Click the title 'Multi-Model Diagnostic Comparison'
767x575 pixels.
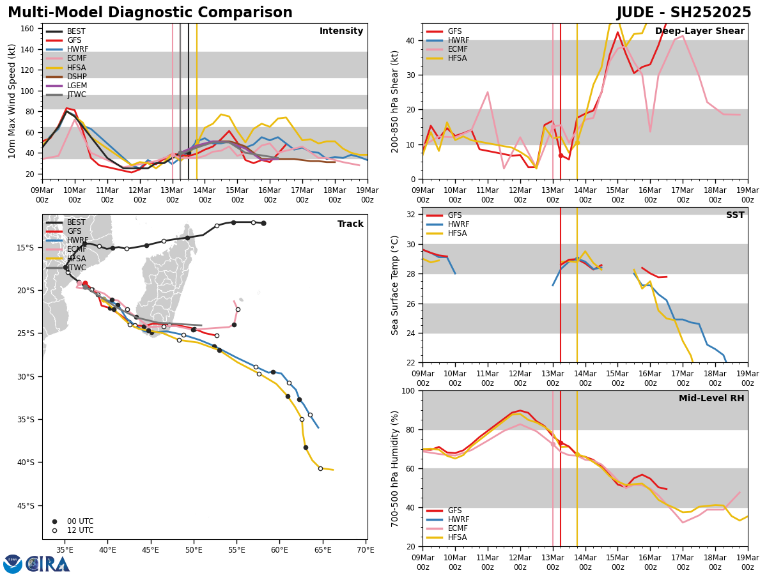tap(150, 13)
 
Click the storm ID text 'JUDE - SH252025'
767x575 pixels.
tap(684, 13)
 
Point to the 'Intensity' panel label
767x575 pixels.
tap(341, 31)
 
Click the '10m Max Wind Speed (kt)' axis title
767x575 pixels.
tap(13, 101)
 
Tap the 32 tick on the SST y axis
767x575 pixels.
tap(413, 215)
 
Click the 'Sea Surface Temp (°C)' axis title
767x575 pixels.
tap(396, 285)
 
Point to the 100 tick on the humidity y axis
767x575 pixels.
tap(410, 390)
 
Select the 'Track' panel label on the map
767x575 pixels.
tap(350, 224)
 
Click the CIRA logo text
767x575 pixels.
tap(48, 564)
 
